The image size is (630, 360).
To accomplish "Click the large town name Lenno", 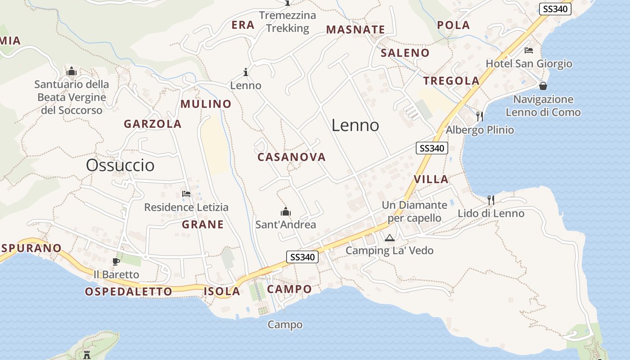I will point(355,125).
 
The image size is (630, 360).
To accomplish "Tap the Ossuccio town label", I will point(120,165).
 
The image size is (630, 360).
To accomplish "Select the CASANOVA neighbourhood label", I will point(291,157).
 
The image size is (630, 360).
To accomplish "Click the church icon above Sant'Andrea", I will point(286,211).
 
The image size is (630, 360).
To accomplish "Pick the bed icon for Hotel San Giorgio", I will point(529,50).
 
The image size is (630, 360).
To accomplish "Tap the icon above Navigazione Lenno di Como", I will point(543,85).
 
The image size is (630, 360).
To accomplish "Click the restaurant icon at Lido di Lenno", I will point(490,199).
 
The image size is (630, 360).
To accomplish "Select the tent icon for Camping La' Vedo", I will point(389,238).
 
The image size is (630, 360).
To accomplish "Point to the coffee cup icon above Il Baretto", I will point(116,261).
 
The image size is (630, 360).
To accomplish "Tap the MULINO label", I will point(206,104).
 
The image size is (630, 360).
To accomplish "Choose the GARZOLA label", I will point(153,124).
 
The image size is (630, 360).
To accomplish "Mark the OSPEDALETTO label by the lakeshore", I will point(128,292).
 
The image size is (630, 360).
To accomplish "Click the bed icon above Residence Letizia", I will point(186,194).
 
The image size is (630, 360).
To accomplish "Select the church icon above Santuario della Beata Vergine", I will point(72,71).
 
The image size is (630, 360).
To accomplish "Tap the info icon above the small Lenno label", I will point(246,72).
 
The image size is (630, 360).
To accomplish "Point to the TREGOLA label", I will point(451,81).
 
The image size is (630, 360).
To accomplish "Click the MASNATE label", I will point(355,30).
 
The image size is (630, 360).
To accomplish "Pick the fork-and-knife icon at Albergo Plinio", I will point(480,117).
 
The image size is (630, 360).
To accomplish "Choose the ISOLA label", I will point(222,291).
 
